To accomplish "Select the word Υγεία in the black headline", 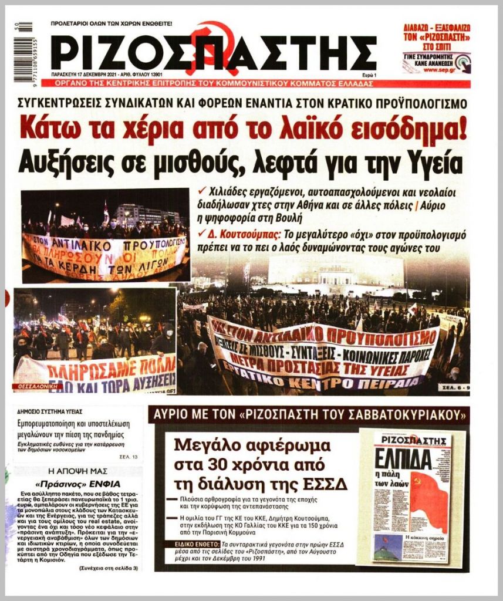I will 427,161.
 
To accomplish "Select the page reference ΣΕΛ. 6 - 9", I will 453,387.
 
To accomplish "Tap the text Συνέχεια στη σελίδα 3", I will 109,568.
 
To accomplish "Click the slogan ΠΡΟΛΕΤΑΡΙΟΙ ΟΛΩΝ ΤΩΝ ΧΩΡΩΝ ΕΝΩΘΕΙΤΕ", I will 112,23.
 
